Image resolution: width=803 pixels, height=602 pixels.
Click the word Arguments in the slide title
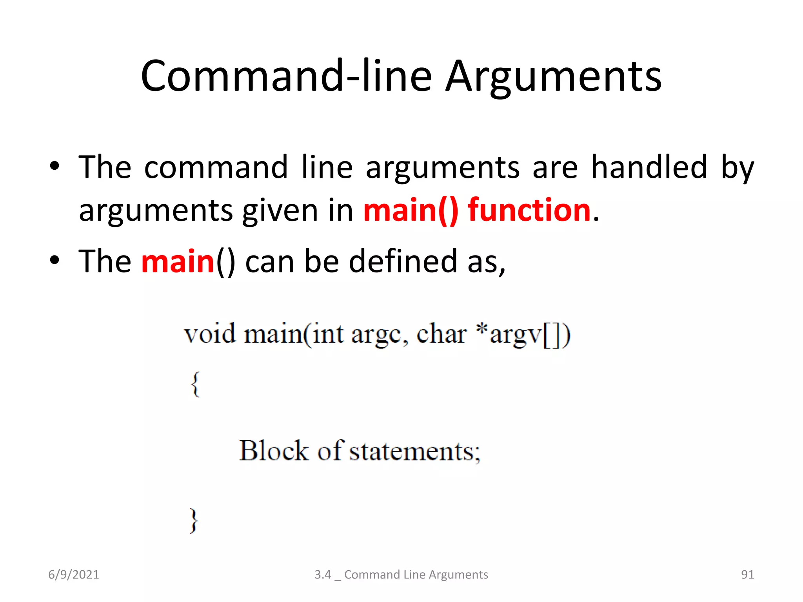tap(554, 76)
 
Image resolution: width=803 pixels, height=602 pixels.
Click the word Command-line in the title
tap(286, 76)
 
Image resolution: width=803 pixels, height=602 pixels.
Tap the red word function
tap(529, 210)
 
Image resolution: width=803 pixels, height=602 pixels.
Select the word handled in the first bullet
tap(649, 167)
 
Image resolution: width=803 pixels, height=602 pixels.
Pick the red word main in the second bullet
tap(178, 261)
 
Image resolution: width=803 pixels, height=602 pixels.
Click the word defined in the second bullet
tap(403, 261)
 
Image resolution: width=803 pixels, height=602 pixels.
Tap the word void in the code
tap(210, 334)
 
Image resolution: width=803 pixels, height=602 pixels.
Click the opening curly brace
tap(195, 384)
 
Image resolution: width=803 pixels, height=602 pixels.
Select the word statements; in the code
tap(414, 451)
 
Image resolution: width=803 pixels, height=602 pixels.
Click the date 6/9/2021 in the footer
tap(74, 575)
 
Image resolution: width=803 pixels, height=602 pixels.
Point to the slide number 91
tap(747, 575)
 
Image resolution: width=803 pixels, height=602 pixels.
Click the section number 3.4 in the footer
tap(323, 575)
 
